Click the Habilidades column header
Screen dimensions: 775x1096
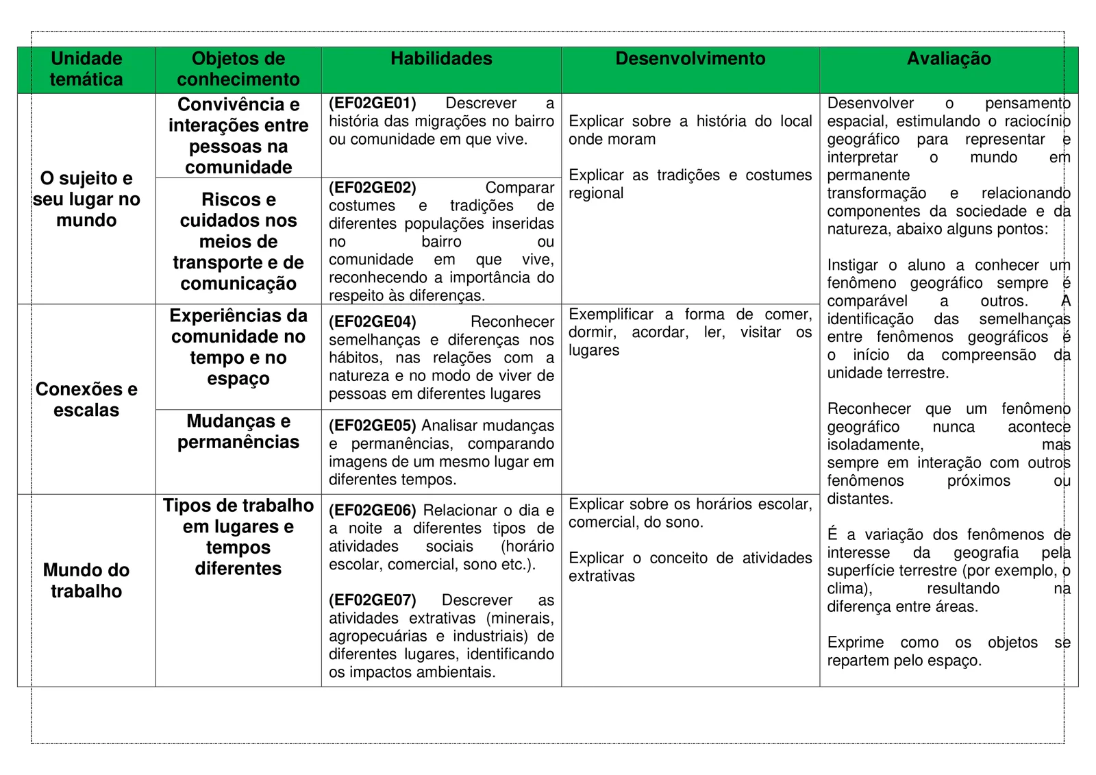coord(441,59)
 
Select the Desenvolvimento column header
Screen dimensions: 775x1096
coord(690,59)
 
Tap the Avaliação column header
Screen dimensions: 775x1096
coord(948,59)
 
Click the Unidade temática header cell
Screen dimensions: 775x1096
coord(86,69)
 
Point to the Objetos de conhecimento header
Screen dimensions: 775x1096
coord(238,69)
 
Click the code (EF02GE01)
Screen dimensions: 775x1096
coord(373,103)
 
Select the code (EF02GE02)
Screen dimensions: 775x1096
coord(373,188)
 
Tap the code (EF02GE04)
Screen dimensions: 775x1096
coord(373,322)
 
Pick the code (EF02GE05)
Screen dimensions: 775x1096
coord(373,426)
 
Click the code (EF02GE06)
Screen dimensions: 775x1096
coord(373,510)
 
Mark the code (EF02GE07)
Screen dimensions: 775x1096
coord(373,600)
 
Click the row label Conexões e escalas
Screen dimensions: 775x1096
coord(86,399)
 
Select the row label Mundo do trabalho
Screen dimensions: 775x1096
coord(86,580)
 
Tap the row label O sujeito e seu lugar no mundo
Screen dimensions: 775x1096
coord(86,199)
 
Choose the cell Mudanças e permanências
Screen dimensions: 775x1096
coord(238,432)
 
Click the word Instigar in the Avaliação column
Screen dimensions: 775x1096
coord(852,265)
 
